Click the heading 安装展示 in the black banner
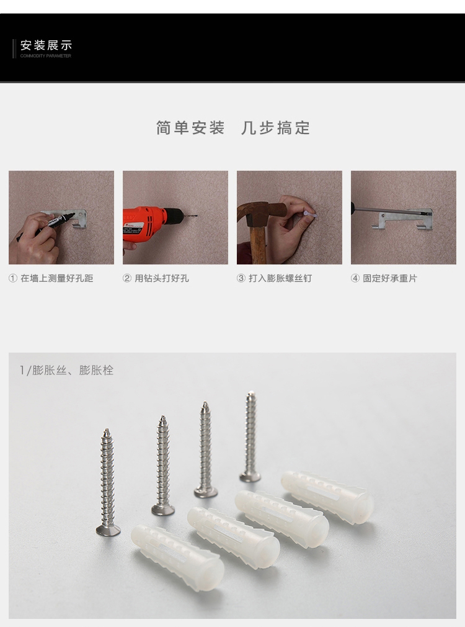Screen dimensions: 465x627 (x=46, y=45)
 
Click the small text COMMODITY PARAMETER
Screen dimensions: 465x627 (x=45, y=56)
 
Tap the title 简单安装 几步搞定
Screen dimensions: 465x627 (x=233, y=128)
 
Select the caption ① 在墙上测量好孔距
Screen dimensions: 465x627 (x=51, y=278)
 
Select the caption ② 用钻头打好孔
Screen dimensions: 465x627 (x=156, y=278)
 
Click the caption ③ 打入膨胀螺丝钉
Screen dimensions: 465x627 (x=274, y=278)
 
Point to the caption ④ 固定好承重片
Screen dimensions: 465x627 (x=384, y=278)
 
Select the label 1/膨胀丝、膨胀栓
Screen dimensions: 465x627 (x=67, y=370)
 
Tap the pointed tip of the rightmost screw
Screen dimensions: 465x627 (x=250, y=393)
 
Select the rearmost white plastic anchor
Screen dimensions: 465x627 (x=327, y=497)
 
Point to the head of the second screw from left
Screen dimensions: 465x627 (x=163, y=510)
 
